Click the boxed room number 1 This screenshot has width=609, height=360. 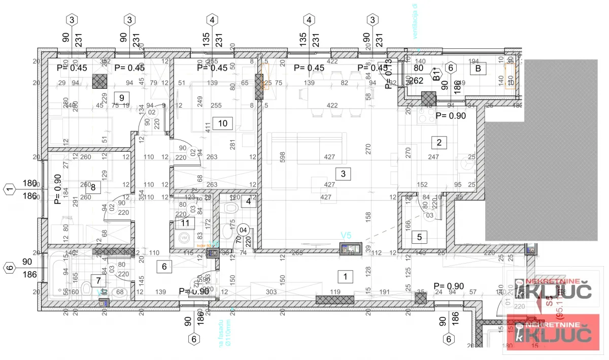pyautogui.click(x=345, y=277)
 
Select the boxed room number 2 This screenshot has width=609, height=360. pyautogui.click(x=439, y=143)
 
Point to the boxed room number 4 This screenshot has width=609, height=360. pyautogui.click(x=248, y=201)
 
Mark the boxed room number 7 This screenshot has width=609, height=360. pyautogui.click(x=98, y=280)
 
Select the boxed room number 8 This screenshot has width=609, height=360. pyautogui.click(x=93, y=187)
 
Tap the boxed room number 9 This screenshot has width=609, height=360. pyautogui.click(x=121, y=97)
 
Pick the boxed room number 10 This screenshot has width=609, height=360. pyautogui.click(x=222, y=123)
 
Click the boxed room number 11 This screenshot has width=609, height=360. pyautogui.click(x=185, y=222)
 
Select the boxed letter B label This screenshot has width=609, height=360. pyautogui.click(x=476, y=69)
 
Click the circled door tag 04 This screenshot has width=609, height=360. pyautogui.click(x=244, y=230)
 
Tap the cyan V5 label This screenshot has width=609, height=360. pyautogui.click(x=347, y=235)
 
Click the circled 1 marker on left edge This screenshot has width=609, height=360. pyautogui.click(x=9, y=190)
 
